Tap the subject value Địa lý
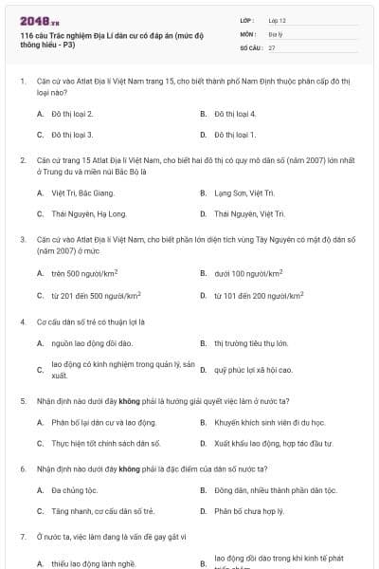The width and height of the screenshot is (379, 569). point(275,33)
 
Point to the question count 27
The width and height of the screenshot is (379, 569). point(272,46)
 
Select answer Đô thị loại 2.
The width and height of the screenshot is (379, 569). point(72,114)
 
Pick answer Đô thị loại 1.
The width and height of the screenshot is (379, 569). point(235,136)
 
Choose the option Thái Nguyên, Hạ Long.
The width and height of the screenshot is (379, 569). point(89,214)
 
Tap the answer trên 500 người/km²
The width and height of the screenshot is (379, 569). point(84,273)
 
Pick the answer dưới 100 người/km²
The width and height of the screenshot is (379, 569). point(248,273)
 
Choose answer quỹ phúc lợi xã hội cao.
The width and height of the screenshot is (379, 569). point(253,369)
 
